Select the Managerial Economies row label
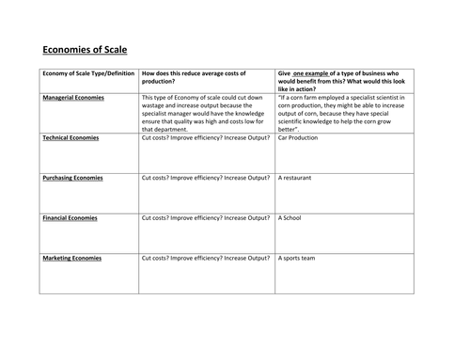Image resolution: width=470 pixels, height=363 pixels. pyautogui.click(x=73, y=97)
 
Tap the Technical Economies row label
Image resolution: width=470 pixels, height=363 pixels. pyautogui.click(x=70, y=137)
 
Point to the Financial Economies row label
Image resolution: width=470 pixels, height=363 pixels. pyautogui.click(x=70, y=217)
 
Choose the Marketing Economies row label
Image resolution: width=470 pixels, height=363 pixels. pyautogui.click(x=71, y=257)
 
